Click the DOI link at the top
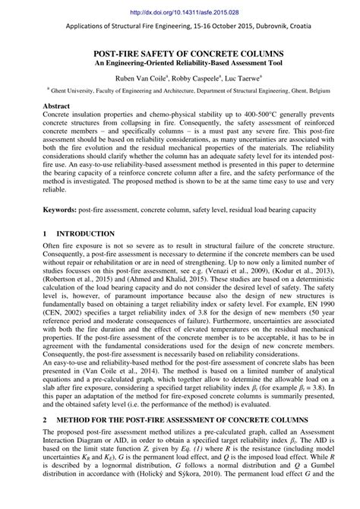[179, 12]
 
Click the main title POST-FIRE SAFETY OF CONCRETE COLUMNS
[179, 55]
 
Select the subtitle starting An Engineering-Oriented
[179, 64]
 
